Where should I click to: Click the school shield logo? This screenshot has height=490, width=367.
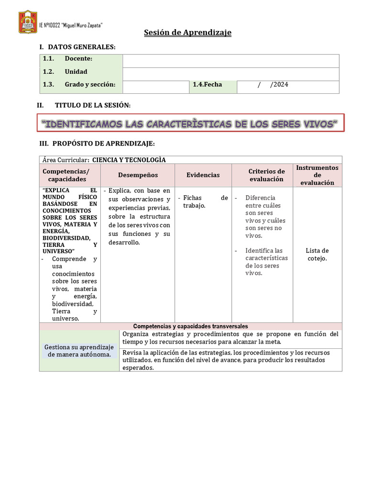point(28,22)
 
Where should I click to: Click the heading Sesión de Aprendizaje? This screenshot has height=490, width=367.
point(188,33)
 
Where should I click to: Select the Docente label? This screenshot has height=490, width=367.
point(78,59)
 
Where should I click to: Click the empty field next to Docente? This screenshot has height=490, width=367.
point(231,61)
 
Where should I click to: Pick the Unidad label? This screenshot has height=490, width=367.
point(76,72)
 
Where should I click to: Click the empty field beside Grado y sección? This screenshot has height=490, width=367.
point(156,87)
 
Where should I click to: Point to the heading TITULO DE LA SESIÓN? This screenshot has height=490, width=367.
point(93,105)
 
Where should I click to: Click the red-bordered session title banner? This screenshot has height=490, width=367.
point(190,124)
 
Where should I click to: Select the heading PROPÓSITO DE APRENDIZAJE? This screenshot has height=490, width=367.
point(103,144)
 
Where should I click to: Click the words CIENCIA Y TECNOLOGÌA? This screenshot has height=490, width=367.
point(129,160)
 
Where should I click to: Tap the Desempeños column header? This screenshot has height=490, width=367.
point(138,175)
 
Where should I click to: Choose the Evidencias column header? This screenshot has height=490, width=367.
point(203,175)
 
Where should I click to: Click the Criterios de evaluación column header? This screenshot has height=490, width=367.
point(266,175)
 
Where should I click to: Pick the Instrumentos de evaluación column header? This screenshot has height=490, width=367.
point(317,175)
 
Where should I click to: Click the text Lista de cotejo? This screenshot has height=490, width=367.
point(317,255)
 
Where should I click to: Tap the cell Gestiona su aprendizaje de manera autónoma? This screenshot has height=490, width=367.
point(79,351)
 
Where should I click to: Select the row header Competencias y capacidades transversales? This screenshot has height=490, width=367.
point(190,326)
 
